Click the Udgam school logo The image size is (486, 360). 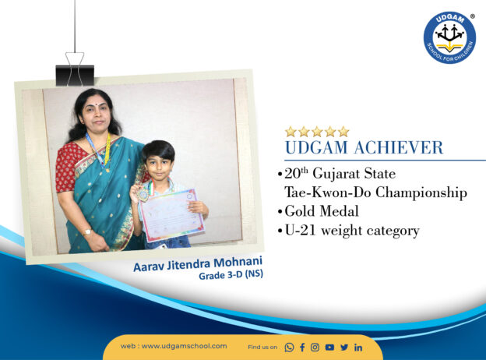[449, 37]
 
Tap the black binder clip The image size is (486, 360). [75, 69]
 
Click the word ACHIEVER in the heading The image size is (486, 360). [399, 147]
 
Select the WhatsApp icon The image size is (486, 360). [289, 348]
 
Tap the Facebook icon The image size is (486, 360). [302, 348]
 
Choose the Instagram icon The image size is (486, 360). [315, 348]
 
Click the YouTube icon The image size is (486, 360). [329, 348]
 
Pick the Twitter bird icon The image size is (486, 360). [344, 348]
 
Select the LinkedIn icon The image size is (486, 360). [358, 348]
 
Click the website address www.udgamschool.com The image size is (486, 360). [184, 346]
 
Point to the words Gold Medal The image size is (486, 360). [322, 211]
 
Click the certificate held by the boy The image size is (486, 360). [172, 214]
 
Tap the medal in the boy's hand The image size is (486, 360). [143, 195]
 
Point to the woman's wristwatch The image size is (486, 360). [87, 232]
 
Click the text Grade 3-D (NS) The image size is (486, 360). [231, 275]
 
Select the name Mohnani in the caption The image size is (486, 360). [238, 263]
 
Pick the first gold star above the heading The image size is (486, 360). [291, 132]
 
